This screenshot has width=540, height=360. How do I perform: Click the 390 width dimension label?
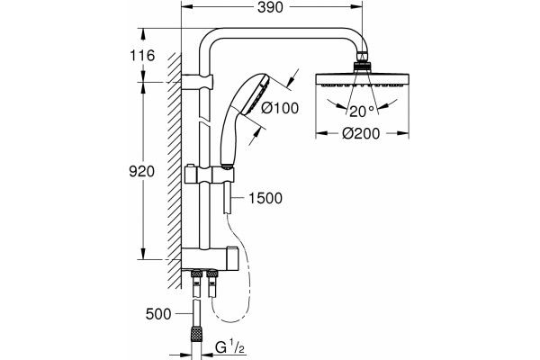270,7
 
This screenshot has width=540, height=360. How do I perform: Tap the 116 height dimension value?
142,56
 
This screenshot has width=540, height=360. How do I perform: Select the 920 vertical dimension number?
141,171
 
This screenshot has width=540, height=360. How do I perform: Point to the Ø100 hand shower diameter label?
280,108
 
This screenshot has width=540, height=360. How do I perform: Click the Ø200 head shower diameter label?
361,133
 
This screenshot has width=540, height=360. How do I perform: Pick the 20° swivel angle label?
362,112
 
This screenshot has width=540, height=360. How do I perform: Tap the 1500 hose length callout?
265,198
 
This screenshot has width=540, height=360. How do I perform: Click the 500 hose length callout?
158,314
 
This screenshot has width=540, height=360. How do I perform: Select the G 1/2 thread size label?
229,347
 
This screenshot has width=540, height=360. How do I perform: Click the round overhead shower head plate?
363,80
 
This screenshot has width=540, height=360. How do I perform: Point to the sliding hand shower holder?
210,175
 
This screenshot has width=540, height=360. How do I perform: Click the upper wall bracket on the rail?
196,82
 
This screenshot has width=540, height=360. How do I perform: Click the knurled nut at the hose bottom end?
196,333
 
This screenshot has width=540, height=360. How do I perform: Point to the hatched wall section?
175,170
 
